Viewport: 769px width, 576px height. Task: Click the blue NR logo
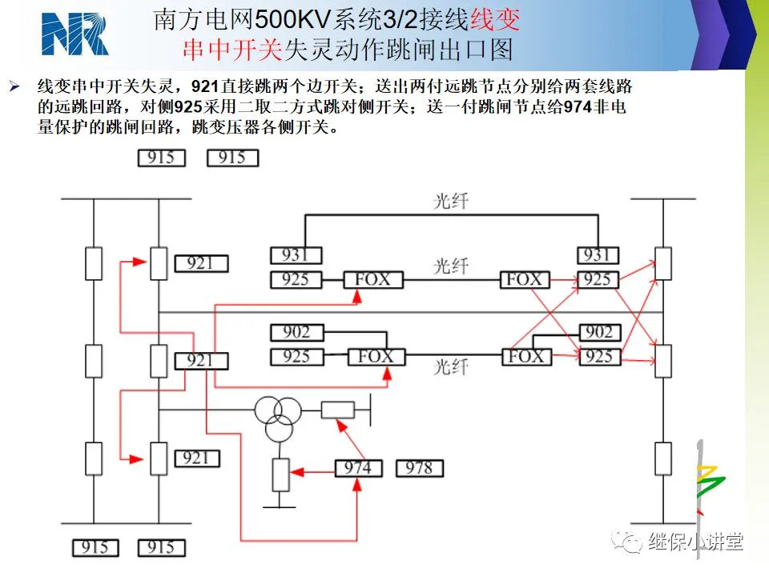click(x=75, y=34)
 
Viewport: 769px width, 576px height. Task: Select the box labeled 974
click(x=359, y=468)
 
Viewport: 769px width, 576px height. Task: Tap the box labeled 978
click(x=419, y=468)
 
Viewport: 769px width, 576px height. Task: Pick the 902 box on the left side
click(x=296, y=333)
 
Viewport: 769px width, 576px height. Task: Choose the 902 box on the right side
click(x=600, y=333)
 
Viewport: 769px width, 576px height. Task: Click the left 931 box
click(x=296, y=256)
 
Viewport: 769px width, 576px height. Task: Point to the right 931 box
click(x=598, y=256)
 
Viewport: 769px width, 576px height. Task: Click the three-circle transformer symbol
click(x=278, y=418)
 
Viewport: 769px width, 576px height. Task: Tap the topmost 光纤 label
click(x=451, y=201)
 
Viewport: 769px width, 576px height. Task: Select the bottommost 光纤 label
click(x=451, y=366)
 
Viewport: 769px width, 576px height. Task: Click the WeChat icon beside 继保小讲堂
click(x=626, y=542)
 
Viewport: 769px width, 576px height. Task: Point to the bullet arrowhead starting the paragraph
click(x=14, y=87)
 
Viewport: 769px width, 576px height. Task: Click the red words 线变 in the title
click(x=495, y=20)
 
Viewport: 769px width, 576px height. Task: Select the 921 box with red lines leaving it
click(x=201, y=361)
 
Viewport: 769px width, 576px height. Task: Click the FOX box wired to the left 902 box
click(x=376, y=357)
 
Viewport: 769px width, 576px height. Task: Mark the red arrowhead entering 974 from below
click(x=357, y=485)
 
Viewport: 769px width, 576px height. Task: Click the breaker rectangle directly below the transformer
click(x=280, y=475)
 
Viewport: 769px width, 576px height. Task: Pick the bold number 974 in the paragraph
click(x=578, y=106)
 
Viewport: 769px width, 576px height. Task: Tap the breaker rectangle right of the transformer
click(x=338, y=410)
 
